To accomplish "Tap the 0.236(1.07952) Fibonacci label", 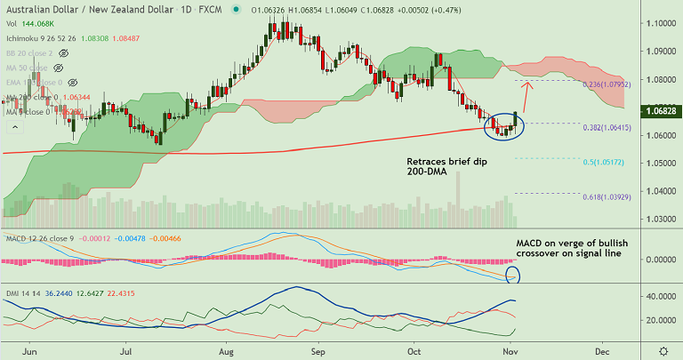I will pyautogui.click(x=607, y=84).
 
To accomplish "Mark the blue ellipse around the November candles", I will pyautogui.click(x=504, y=127).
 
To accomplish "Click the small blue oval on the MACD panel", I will pyautogui.click(x=512, y=274).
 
